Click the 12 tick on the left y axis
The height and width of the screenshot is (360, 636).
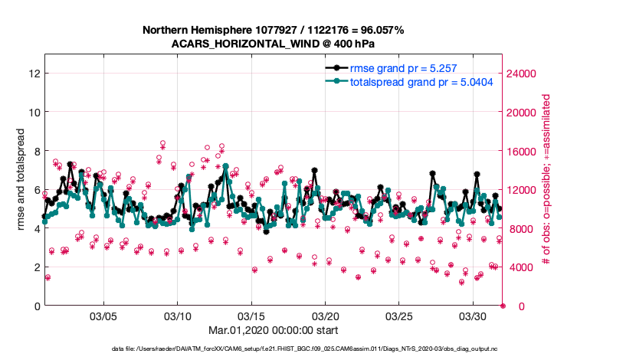[33, 74]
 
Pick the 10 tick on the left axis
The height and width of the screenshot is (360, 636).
[33, 112]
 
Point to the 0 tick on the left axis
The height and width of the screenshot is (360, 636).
[36, 306]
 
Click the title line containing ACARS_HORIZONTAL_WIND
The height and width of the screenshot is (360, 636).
[273, 44]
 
